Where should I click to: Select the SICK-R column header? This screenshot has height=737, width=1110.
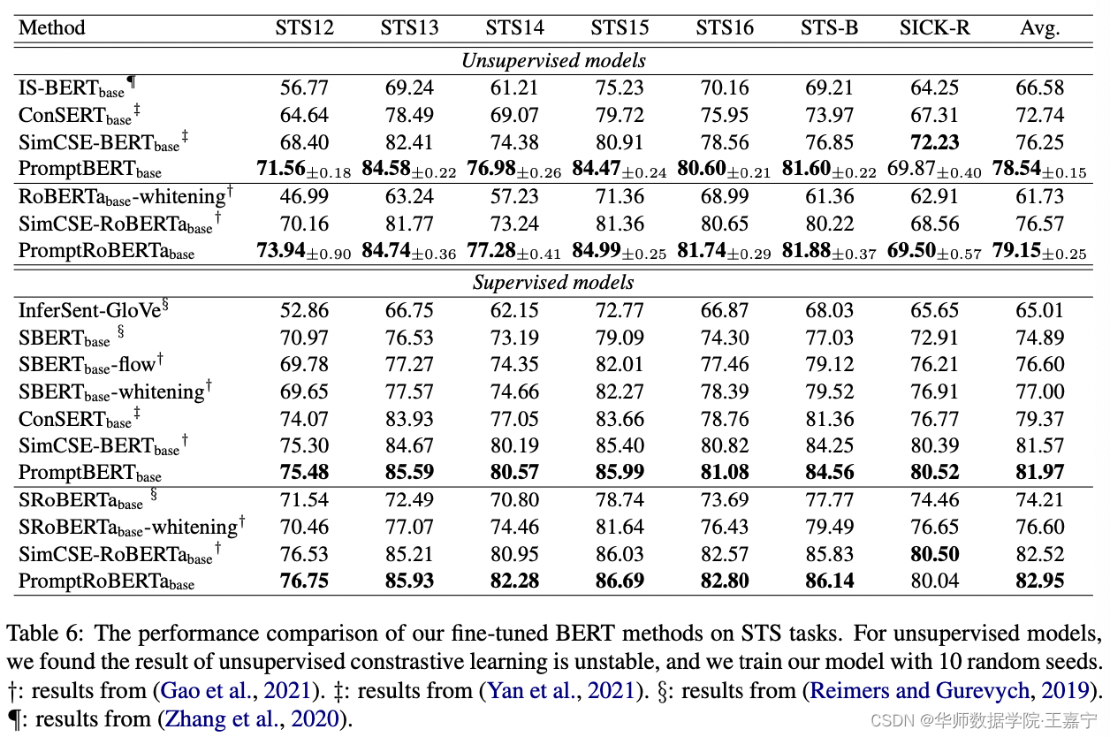tap(934, 27)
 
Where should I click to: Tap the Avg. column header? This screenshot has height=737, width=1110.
tap(1039, 27)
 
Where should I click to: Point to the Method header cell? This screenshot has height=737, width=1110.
tap(52, 27)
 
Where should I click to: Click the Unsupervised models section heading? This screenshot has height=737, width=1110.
tap(553, 61)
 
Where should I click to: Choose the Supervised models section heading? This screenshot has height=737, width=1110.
tap(553, 283)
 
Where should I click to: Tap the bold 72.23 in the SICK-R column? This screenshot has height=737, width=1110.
tap(934, 142)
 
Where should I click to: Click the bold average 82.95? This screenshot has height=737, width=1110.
tap(1039, 581)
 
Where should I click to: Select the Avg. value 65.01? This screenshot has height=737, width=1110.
tap(1039, 310)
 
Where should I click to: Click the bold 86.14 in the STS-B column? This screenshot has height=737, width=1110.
tap(829, 581)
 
